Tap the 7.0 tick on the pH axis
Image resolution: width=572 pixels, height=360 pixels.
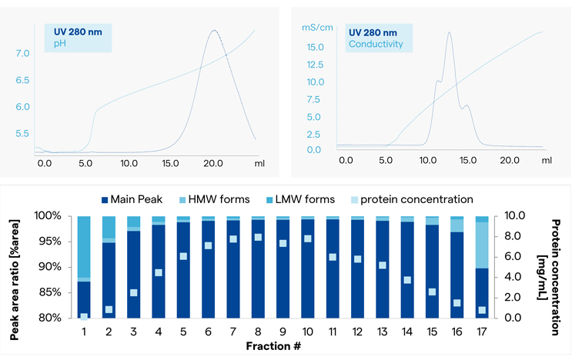[x=23, y=54]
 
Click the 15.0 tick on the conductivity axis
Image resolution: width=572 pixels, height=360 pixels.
[x=316, y=47]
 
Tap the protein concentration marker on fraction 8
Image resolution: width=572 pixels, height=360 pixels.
[x=258, y=237]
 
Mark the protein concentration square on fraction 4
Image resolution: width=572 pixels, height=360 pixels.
[x=159, y=272]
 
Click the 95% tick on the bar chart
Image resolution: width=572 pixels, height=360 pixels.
[x=57, y=242]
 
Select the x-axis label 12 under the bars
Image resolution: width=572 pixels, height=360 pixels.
[x=357, y=330]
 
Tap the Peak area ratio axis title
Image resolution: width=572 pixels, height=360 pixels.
[x=15, y=266]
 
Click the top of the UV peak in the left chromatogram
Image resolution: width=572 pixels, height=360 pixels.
[x=213, y=30]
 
